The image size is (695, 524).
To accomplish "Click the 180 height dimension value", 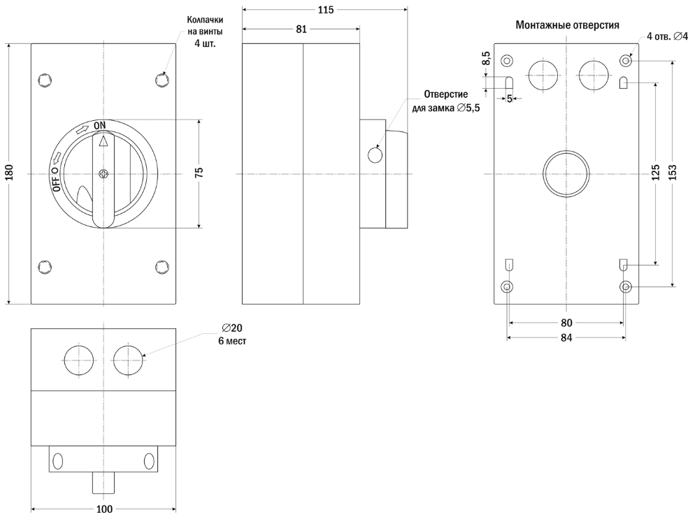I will (9, 173).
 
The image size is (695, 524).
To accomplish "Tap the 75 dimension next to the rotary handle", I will (199, 173).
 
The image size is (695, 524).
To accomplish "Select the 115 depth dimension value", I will (325, 10).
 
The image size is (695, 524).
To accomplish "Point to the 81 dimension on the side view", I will (301, 29).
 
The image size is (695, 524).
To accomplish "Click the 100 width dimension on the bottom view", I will (104, 509).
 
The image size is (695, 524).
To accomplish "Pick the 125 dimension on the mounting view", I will (656, 173).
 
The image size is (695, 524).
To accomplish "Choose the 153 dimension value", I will (673, 173).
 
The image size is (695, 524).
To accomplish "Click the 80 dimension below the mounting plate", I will (566, 323).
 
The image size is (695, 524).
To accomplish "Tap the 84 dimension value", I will (566, 337).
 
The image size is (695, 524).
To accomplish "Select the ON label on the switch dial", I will (100, 124).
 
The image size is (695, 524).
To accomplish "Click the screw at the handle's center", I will (103, 173).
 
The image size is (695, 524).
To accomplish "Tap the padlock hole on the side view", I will (375, 154).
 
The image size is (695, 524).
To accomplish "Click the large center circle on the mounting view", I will (566, 173).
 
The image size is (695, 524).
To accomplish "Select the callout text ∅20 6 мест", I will (232, 334).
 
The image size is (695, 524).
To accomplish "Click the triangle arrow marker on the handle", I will (103, 142).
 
